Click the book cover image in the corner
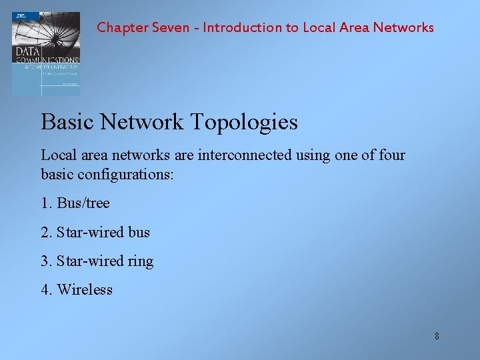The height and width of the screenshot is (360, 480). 45,53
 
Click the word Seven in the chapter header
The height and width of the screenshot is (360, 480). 171,28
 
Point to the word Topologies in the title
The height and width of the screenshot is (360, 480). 244,123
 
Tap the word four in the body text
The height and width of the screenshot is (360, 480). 392,155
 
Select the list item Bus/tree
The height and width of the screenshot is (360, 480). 83,203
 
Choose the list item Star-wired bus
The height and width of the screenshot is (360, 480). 103,233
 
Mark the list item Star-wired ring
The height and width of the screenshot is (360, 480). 105,261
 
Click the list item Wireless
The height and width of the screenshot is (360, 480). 85,290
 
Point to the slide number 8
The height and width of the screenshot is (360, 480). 437,336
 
